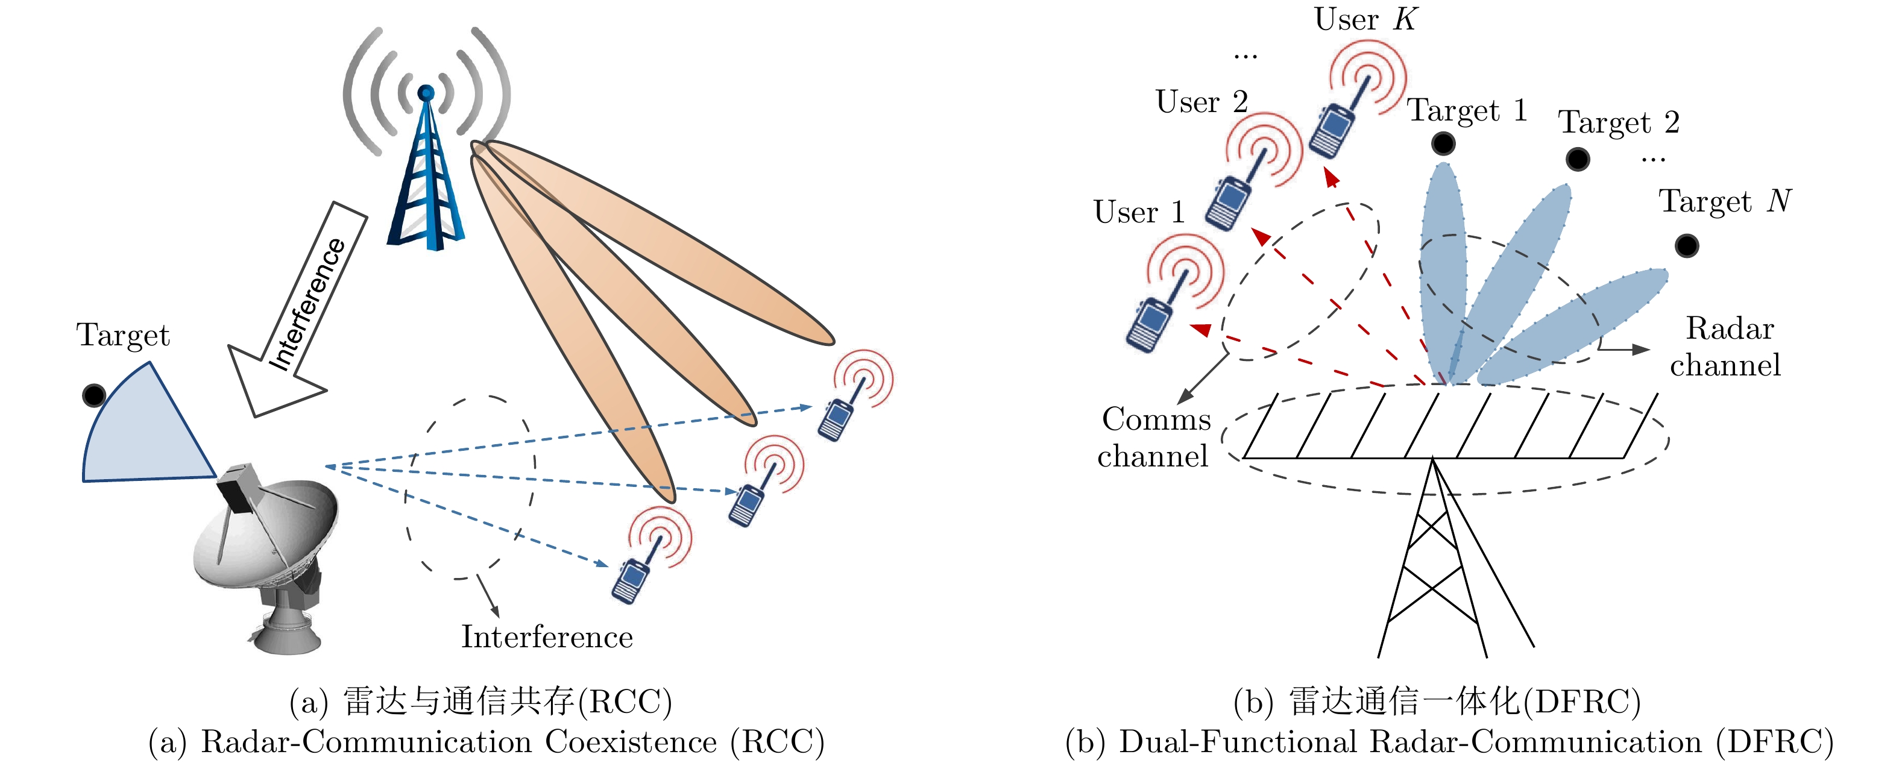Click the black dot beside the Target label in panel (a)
tap(93, 396)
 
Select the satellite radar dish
tap(265, 545)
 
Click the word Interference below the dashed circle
tap(547, 637)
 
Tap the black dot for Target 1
tap(1443, 143)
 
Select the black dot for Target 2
tap(1578, 159)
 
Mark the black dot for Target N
tap(1687, 245)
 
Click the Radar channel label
tap(1727, 347)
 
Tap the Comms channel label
tap(1154, 437)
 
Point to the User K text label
tap(1365, 19)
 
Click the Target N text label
tap(1725, 201)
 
